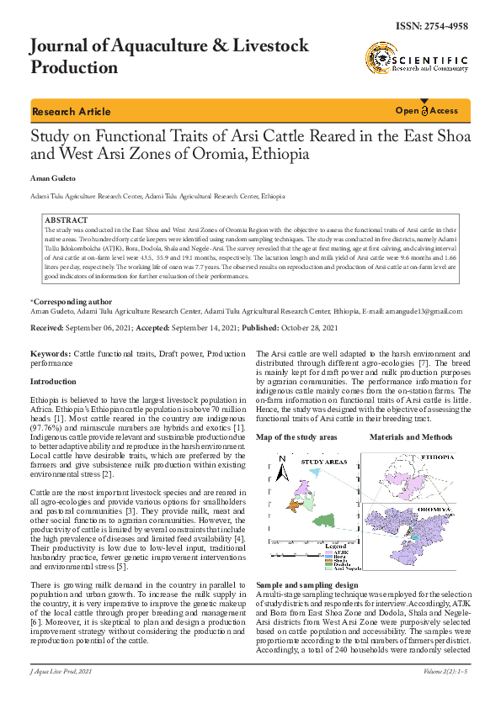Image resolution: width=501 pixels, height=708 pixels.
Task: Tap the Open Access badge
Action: pos(428,111)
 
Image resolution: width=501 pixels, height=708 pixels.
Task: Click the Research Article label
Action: pos(71,112)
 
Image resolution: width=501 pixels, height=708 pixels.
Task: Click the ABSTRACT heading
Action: pos(66,220)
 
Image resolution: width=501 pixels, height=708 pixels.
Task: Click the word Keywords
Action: pos(51,356)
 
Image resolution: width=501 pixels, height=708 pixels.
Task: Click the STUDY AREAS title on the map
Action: pos(323,462)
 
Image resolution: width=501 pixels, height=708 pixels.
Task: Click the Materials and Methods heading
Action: pos(411,437)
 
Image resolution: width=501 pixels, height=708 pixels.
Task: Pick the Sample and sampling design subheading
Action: pos(306,584)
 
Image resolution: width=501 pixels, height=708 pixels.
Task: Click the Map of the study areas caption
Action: pos(296,437)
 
